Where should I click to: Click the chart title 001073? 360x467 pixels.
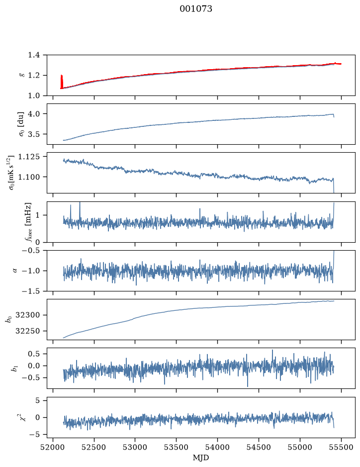coord(196,9)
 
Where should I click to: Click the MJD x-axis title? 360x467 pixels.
coord(201,458)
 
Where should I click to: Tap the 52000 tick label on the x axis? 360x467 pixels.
coord(53,447)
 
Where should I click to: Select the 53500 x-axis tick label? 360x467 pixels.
coord(177,447)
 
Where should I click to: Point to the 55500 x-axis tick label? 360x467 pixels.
coord(341,447)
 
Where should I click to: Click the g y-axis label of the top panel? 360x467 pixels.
coord(21,75)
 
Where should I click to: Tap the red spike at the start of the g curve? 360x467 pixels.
coord(62,82)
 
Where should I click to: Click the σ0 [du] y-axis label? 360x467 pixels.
coord(22,124)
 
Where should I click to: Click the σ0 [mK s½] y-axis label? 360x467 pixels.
coord(11,173)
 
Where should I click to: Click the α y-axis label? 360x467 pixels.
coord(15,271)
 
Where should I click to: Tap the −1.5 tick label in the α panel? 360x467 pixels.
coord(31,291)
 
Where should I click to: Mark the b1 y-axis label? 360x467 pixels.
coord(14,368)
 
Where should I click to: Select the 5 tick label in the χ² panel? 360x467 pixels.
coord(37,400)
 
